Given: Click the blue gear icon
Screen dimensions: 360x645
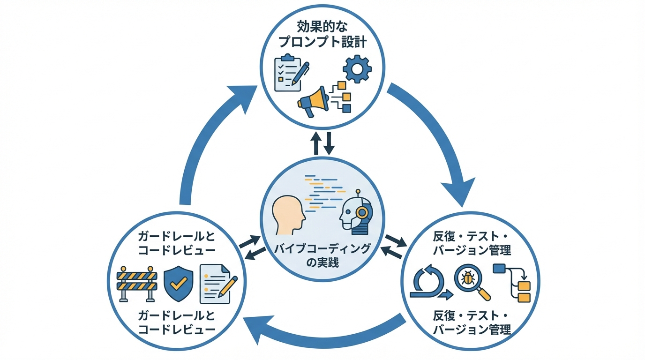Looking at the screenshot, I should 357,69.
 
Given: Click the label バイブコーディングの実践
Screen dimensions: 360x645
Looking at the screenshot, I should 322,255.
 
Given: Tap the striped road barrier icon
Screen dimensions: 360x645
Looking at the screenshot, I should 136,283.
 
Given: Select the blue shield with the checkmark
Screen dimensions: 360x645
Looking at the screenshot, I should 178,283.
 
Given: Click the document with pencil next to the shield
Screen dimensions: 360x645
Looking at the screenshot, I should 217,284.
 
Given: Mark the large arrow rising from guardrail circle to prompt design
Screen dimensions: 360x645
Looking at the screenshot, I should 206,141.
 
